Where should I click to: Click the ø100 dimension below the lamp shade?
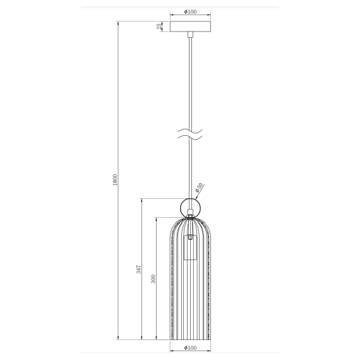tap(189, 347)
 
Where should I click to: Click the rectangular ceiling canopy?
tap(189, 26)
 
